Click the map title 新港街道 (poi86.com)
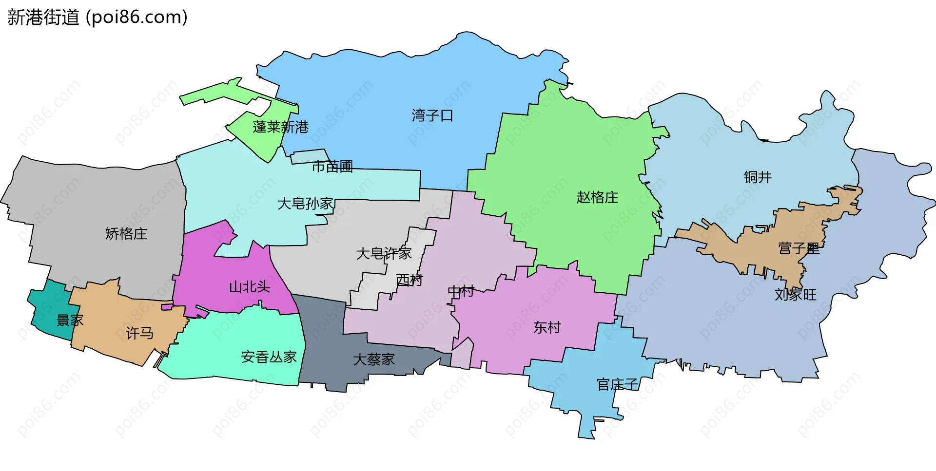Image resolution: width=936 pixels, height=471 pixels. tap(97, 18)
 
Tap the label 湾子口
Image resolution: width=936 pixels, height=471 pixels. tap(432, 115)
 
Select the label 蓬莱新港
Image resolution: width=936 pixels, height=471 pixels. tap(281, 127)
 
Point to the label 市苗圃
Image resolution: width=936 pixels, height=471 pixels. tap(332, 167)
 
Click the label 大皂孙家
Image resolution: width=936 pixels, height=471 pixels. tap(305, 203)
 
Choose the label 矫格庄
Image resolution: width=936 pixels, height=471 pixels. tap(126, 234)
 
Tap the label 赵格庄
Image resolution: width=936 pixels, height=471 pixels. tap(597, 197)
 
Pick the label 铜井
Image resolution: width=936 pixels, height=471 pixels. tap(758, 177)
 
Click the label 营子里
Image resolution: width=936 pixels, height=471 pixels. tap(799, 248)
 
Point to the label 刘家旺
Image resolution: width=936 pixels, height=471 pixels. tap(796, 294)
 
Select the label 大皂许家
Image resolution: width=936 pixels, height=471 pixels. tap(384, 253)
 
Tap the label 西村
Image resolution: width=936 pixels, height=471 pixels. tap(409, 280)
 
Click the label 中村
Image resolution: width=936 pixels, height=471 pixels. tap(461, 291)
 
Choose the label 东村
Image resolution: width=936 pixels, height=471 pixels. tap(547, 327)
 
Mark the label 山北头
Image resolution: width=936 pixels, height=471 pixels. tap(250, 287)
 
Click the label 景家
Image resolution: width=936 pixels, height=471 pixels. tap(70, 320)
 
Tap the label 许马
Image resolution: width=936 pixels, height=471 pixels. tap(140, 333)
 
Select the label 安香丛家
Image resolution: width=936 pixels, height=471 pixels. tap(269, 357)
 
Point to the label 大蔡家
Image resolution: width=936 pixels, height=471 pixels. tap(374, 359)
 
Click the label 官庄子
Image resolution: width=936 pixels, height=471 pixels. tap(618, 384)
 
